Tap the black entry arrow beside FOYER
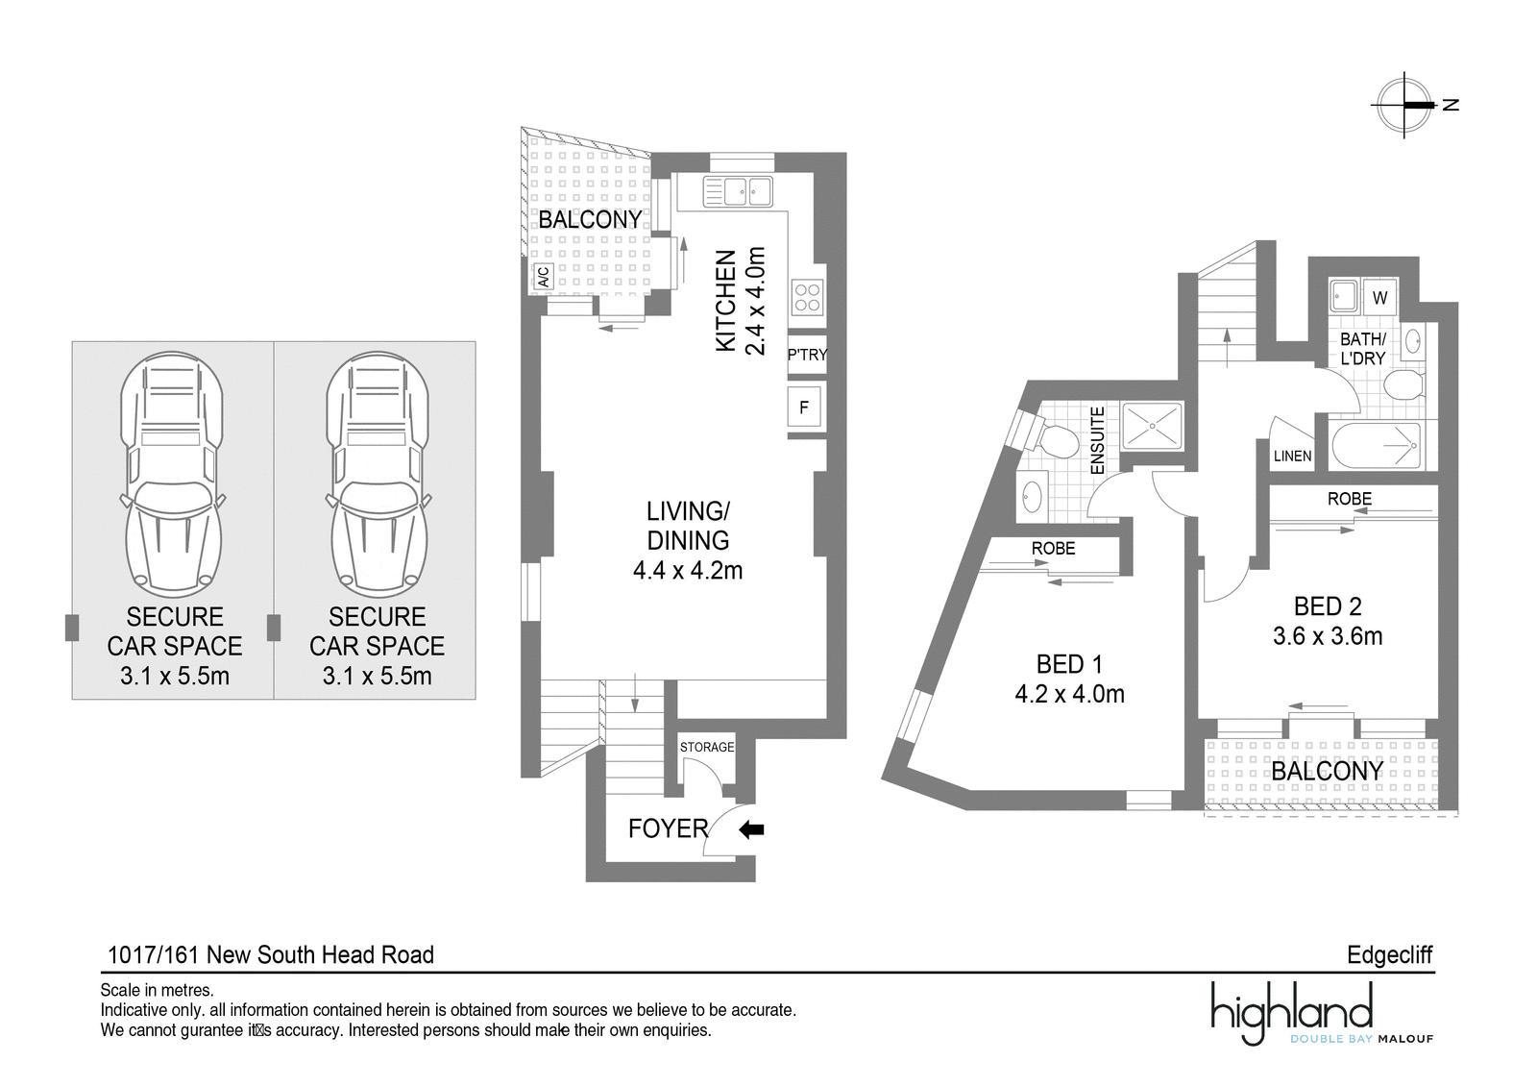click(x=751, y=830)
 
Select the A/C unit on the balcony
click(x=544, y=278)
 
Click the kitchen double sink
click(x=738, y=191)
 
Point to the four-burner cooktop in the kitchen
click(x=807, y=297)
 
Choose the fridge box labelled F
click(x=804, y=408)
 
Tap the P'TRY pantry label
click(x=807, y=355)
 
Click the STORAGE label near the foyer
click(x=707, y=747)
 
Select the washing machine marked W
click(x=1379, y=297)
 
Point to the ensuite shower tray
click(x=1152, y=427)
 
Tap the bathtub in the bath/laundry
click(x=1377, y=446)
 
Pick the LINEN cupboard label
click(x=1293, y=456)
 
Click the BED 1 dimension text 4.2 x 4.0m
click(x=1070, y=694)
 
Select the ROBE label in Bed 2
click(x=1350, y=499)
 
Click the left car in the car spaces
click(x=173, y=475)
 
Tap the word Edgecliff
click(x=1389, y=954)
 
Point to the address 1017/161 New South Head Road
click(x=271, y=954)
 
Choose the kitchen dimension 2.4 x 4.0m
click(x=755, y=301)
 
